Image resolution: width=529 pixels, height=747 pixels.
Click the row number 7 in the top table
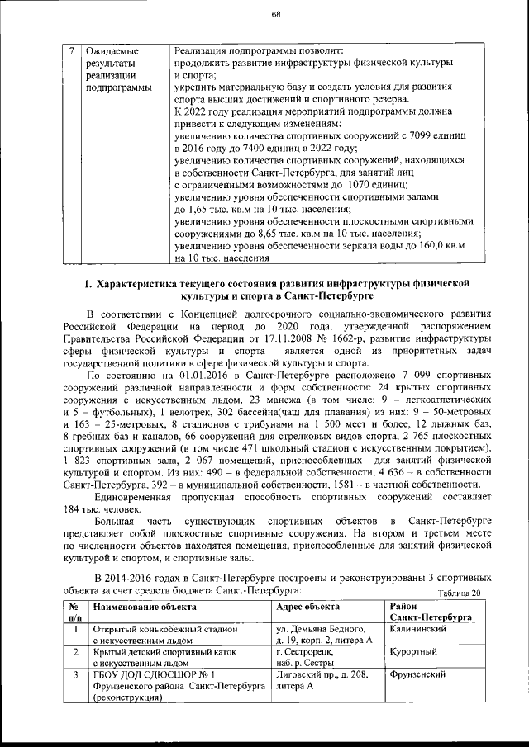click(72, 50)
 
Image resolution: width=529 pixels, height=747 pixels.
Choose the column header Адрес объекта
click(306, 606)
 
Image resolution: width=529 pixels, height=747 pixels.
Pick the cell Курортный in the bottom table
click(414, 651)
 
